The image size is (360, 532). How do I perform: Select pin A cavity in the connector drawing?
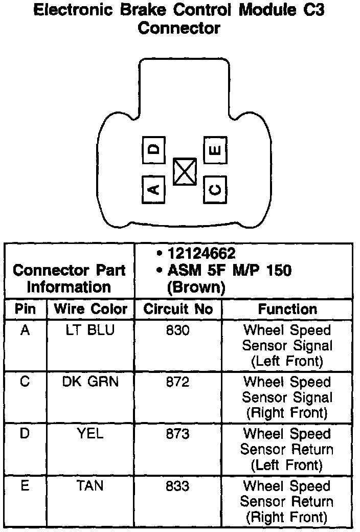153,189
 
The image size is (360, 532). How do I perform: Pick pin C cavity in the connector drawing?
215,190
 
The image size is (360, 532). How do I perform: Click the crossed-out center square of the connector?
185,171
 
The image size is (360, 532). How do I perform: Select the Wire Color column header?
91,309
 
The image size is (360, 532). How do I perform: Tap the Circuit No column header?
178,309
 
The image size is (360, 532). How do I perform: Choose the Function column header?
287,309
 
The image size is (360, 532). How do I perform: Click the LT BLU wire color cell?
91,330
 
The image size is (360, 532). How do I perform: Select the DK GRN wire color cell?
91,382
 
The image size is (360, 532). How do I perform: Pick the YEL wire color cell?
91,434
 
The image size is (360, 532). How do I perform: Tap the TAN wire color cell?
91,485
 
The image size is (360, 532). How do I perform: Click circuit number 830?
178,330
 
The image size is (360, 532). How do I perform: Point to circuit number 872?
178,382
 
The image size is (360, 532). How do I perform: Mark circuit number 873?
178,434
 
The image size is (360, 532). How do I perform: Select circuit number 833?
178,485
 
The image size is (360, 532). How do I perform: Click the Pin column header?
26,309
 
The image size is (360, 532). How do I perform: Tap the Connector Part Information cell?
69,278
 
